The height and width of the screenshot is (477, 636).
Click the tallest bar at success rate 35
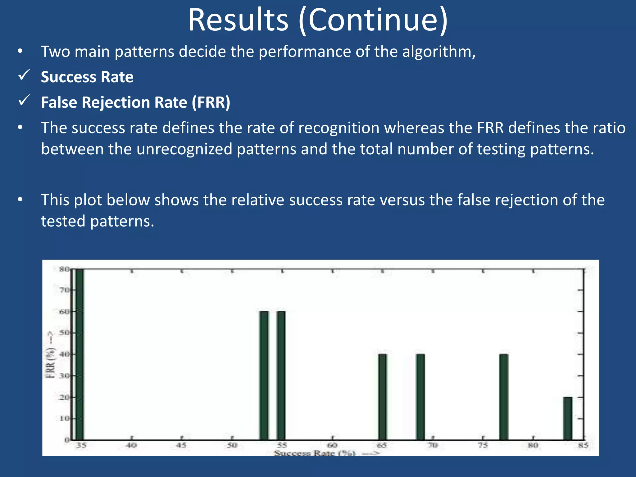click(x=80, y=354)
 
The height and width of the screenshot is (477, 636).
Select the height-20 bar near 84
click(x=568, y=419)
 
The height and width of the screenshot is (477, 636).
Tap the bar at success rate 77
click(x=504, y=397)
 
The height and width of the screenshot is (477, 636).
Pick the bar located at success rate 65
click(x=383, y=397)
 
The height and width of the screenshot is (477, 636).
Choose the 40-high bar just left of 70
click(x=420, y=397)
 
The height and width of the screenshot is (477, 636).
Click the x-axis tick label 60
click(x=332, y=446)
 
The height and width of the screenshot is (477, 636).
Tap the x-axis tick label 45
click(x=181, y=446)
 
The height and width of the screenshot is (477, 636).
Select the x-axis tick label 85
click(x=583, y=446)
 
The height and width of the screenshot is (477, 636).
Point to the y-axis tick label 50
click(x=65, y=333)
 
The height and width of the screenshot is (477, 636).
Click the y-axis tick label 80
click(x=65, y=269)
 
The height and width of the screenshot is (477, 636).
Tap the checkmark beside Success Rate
click(x=24, y=75)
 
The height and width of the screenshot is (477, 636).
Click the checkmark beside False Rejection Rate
click(x=24, y=100)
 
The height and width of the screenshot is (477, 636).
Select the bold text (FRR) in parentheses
click(x=211, y=102)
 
